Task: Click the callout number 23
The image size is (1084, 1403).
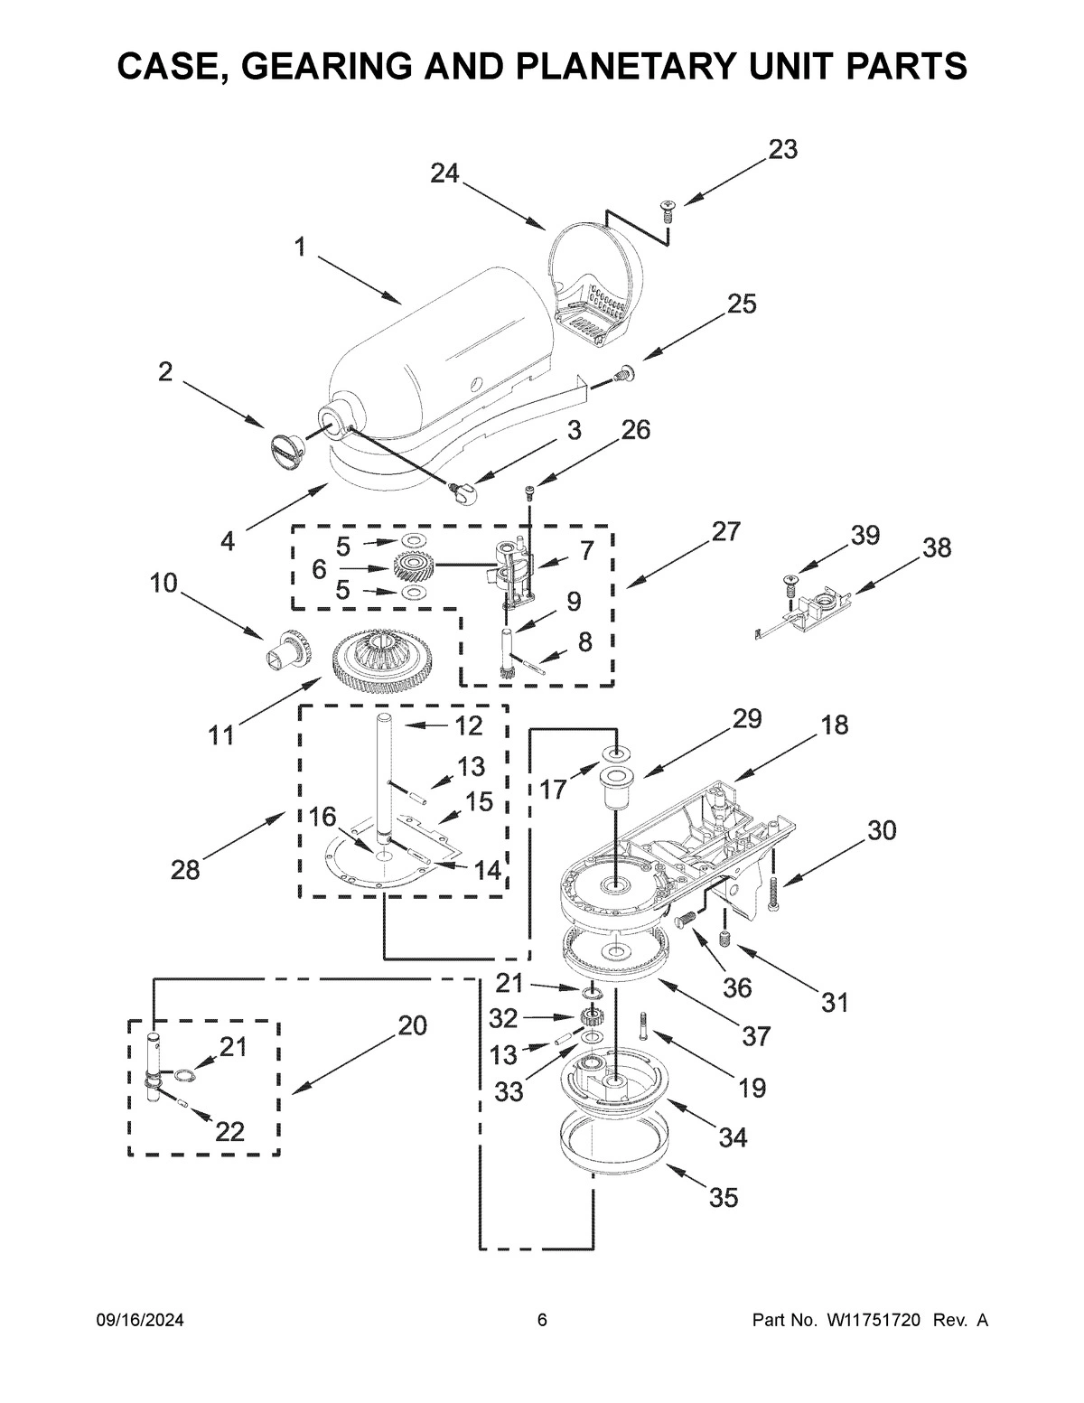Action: click(x=782, y=150)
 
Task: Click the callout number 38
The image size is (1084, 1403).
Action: click(x=937, y=547)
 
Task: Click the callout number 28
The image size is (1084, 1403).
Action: click(x=186, y=870)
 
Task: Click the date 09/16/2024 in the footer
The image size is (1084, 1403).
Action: click(x=140, y=1321)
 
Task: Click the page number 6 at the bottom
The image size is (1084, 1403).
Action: click(x=542, y=1321)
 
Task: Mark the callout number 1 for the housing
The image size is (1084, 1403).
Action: click(x=299, y=246)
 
